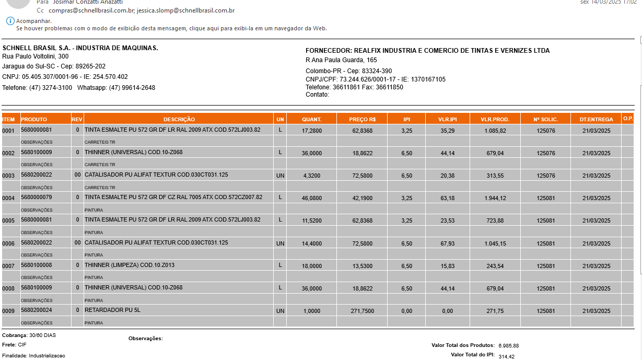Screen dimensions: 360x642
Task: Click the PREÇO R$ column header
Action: (362, 120)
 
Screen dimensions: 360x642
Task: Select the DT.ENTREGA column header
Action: (596, 120)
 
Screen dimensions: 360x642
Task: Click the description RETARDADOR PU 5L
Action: (112, 310)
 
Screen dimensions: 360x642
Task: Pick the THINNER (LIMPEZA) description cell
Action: (130, 265)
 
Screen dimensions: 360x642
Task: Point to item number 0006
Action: (8, 244)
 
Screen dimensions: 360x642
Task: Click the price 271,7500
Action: (362, 311)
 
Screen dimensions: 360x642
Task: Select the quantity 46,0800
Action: (312, 199)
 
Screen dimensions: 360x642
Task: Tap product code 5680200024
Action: (37, 310)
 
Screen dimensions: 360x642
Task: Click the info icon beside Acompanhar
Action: (10, 21)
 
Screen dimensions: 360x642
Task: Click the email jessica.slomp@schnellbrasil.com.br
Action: (185, 10)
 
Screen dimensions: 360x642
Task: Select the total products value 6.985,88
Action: (508, 346)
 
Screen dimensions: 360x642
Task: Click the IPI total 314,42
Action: (506, 356)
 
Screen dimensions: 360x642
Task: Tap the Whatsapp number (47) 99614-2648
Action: (132, 88)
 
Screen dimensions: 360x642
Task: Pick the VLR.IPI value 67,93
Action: (447, 244)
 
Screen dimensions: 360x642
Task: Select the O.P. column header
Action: (627, 119)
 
